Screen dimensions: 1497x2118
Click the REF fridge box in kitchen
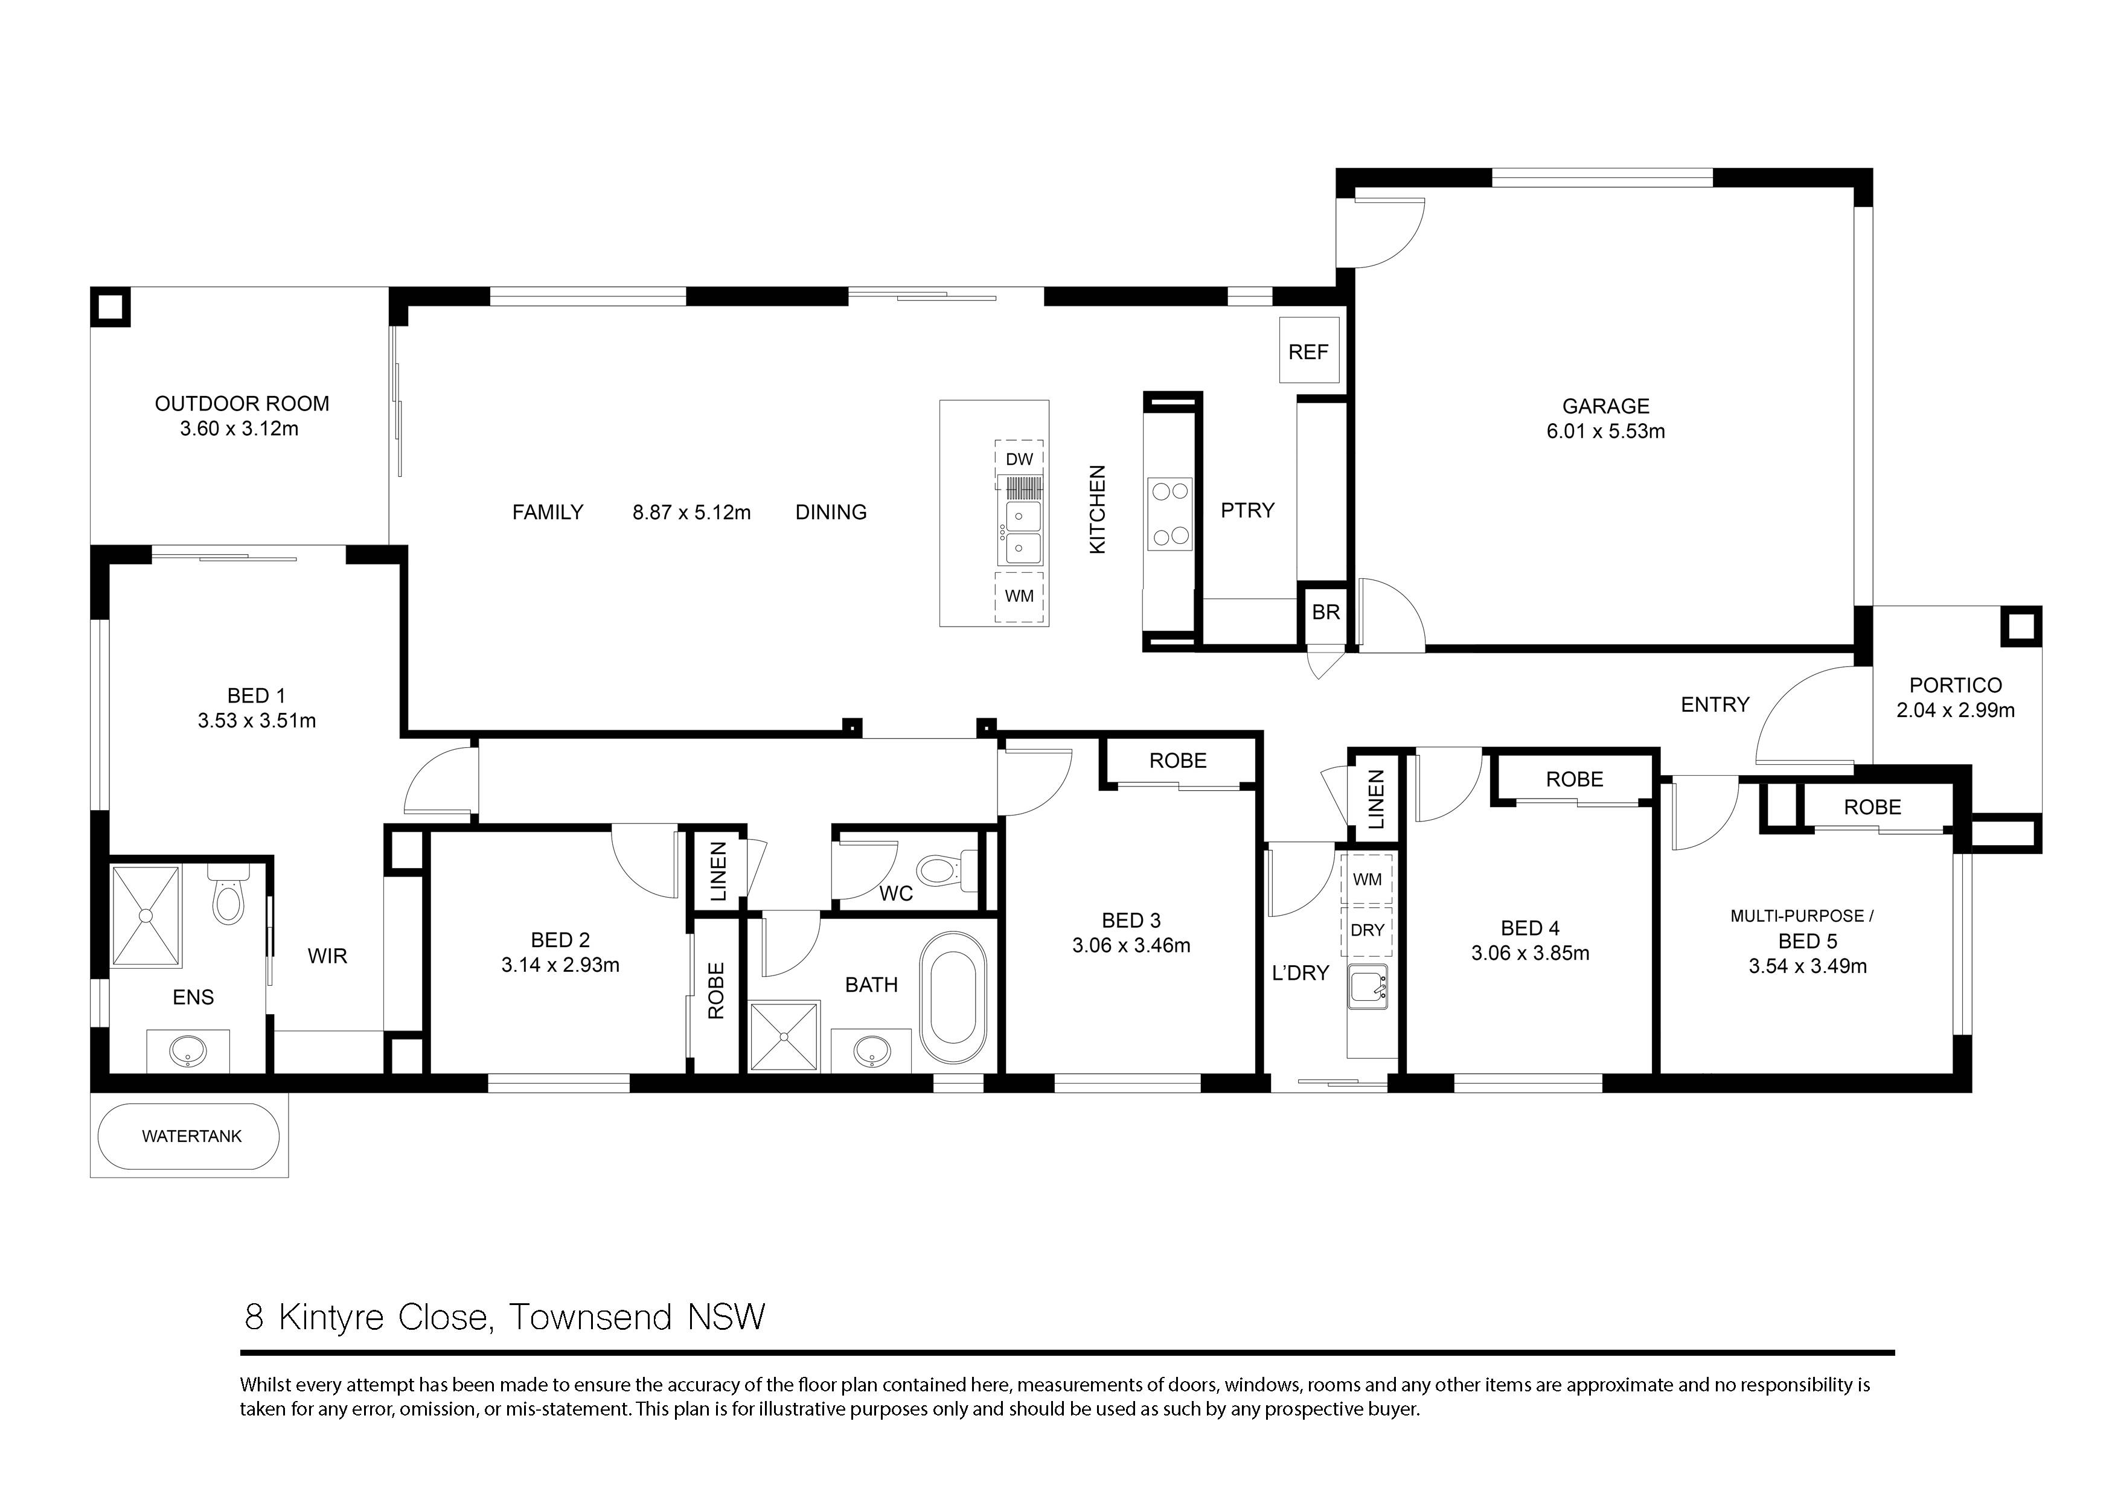(x=1308, y=351)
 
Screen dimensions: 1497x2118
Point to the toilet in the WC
(x=941, y=870)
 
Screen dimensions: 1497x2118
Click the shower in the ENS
(x=146, y=915)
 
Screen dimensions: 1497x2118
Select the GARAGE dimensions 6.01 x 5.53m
(x=1605, y=431)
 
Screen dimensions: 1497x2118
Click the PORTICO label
(x=1955, y=685)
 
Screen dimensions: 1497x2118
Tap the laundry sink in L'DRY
(x=1367, y=986)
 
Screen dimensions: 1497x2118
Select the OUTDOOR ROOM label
(x=242, y=404)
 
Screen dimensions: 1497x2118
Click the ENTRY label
(x=1714, y=704)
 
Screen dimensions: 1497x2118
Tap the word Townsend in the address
(x=590, y=1317)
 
